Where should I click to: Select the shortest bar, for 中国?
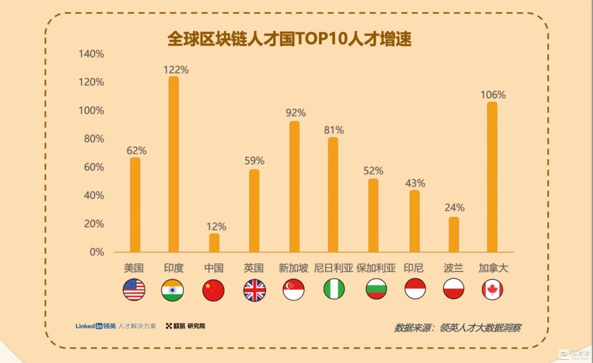tap(214, 243)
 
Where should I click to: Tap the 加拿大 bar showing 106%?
tap(492, 177)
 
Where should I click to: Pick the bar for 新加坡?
tap(294, 187)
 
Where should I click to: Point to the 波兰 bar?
tap(453, 234)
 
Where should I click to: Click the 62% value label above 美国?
tap(136, 151)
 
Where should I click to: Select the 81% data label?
tap(334, 130)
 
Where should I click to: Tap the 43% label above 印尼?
tap(415, 183)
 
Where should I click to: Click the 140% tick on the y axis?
tap(91, 54)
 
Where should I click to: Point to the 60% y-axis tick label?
tap(94, 167)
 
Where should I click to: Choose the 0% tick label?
tap(97, 252)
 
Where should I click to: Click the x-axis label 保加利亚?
tap(376, 268)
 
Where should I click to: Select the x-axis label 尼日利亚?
tap(333, 268)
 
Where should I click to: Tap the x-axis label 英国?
tap(253, 268)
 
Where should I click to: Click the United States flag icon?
tap(134, 289)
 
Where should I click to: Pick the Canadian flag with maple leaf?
tap(492, 289)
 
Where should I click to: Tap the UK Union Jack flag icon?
tap(254, 290)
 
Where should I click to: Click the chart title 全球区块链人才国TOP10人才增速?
tap(289, 39)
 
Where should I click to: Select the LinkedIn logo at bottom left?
tap(89, 326)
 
